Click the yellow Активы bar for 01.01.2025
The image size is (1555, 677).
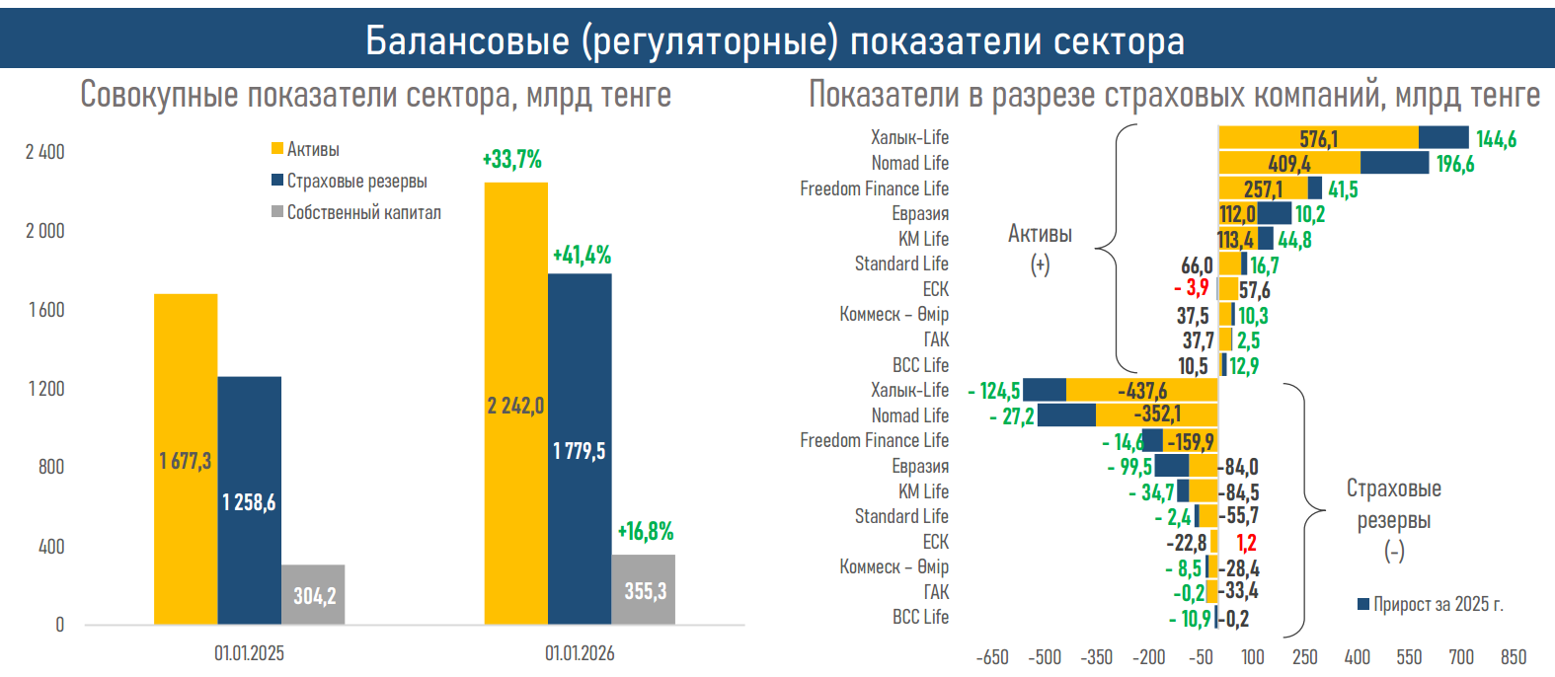coord(186,459)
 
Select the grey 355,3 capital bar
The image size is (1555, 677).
coord(644,590)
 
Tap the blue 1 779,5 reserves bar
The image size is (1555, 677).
coord(580,449)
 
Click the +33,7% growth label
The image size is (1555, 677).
coord(511,159)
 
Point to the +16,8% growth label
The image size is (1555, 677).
coord(646,532)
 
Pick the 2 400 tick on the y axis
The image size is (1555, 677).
coord(45,152)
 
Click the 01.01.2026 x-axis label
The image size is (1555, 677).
coord(580,653)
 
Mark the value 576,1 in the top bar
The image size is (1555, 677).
coord(1319,139)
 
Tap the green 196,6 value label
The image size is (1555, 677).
coord(1455,164)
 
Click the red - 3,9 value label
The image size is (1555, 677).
coord(1192,288)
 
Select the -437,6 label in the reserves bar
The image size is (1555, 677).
coord(1142,391)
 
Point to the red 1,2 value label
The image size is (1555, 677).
coord(1246,543)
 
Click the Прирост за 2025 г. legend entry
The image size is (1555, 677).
coord(1431,604)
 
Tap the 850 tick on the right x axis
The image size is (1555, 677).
coord(1514,657)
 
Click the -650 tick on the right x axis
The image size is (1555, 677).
coord(992,657)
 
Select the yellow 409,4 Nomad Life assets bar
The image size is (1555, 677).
coord(1289,164)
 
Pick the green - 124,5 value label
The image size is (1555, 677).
coord(994,392)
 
